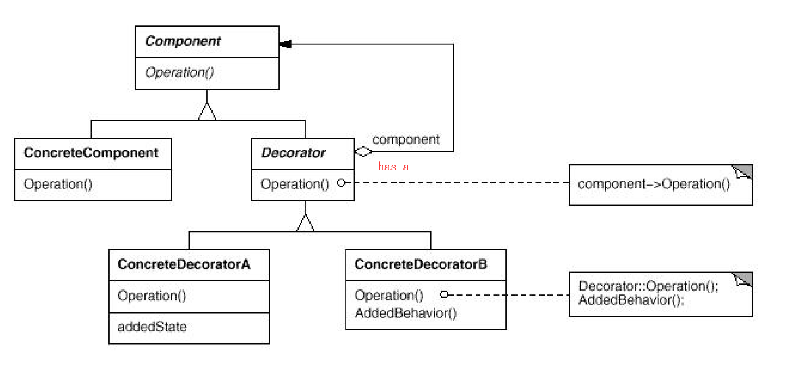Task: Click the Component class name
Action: (x=183, y=41)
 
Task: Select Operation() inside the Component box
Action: (x=179, y=72)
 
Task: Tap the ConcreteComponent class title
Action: (x=91, y=153)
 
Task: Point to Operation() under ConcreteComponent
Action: (x=58, y=184)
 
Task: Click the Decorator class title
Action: (x=293, y=153)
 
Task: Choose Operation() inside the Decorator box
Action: (x=295, y=184)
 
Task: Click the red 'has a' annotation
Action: (x=393, y=167)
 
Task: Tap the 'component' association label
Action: (x=406, y=139)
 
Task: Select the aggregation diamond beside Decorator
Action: (x=363, y=151)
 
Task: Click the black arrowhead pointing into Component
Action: (x=286, y=44)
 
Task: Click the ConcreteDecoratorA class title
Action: (x=184, y=264)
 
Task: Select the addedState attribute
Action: (x=152, y=327)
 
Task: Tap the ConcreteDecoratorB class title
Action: (x=421, y=264)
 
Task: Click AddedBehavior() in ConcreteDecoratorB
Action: (x=406, y=313)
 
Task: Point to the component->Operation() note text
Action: (x=654, y=184)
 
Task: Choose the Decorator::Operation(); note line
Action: (x=648, y=286)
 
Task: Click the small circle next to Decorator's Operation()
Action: (x=341, y=183)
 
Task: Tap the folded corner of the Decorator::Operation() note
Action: (x=743, y=279)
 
